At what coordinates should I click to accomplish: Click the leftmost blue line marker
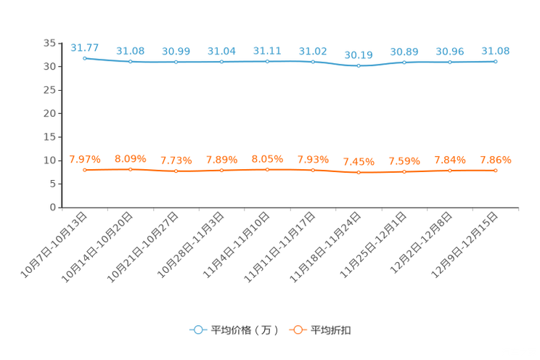[85, 58]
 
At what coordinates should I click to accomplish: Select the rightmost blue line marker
[496, 62]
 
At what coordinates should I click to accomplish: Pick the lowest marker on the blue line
[359, 66]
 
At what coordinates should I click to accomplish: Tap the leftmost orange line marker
[85, 169]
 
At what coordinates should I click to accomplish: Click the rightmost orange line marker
[496, 170]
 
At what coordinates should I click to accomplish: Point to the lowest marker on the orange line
[359, 172]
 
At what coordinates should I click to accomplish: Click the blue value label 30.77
[85, 48]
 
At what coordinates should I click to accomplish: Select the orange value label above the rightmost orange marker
[496, 159]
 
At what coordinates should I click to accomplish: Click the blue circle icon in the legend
[197, 330]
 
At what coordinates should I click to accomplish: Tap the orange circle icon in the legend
[298, 330]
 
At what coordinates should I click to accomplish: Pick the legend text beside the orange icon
[332, 330]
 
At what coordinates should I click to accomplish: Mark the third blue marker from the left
[176, 62]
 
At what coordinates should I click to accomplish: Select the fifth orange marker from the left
[267, 168]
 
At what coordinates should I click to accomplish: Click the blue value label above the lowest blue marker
[359, 55]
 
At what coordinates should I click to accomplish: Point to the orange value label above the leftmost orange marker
[85, 159]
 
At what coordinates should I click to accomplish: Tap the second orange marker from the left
[131, 168]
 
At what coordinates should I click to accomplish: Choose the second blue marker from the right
[450, 62]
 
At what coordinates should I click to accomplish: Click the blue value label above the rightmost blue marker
[496, 51]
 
